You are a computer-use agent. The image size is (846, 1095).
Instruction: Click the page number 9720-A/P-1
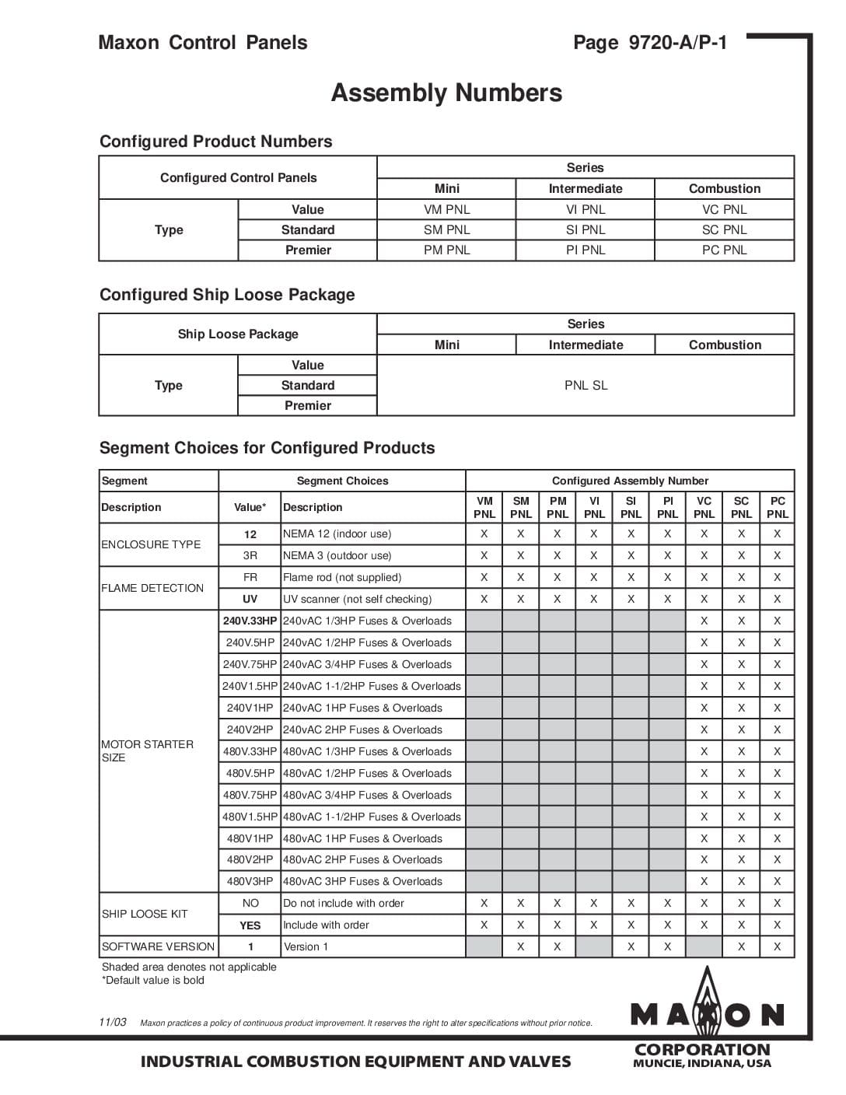[x=650, y=43]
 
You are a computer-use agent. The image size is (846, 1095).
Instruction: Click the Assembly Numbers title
[x=446, y=93]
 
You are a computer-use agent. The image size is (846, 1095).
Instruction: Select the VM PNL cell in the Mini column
[x=446, y=210]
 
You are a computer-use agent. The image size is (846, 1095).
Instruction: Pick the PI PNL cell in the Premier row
[x=586, y=250]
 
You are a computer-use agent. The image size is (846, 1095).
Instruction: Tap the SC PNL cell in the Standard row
[x=724, y=230]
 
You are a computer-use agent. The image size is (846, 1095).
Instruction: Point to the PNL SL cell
[x=586, y=386]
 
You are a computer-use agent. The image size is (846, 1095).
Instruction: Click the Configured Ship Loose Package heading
[x=227, y=295]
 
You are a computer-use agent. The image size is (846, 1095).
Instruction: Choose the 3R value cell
[x=250, y=556]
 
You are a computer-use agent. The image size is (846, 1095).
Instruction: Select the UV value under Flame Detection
[x=250, y=600]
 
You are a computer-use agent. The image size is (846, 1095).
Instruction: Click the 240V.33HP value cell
[x=250, y=621]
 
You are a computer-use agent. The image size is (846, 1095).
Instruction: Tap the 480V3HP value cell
[x=250, y=882]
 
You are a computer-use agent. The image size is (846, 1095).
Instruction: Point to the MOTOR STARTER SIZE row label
[x=147, y=751]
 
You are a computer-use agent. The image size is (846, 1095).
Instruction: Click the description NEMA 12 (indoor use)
[x=337, y=534]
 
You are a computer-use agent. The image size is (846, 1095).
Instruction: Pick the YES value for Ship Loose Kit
[x=250, y=925]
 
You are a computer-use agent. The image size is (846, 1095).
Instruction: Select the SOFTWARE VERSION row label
[x=158, y=947]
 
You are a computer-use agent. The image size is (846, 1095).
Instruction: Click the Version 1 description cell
[x=306, y=947]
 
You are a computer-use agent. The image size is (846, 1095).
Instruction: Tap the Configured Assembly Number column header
[x=630, y=481]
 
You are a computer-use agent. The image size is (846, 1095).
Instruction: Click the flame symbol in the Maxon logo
[x=707, y=1003]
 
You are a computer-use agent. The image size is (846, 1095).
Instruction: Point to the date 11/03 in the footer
[x=113, y=1023]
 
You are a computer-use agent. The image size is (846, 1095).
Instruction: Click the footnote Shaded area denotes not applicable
[x=189, y=967]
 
